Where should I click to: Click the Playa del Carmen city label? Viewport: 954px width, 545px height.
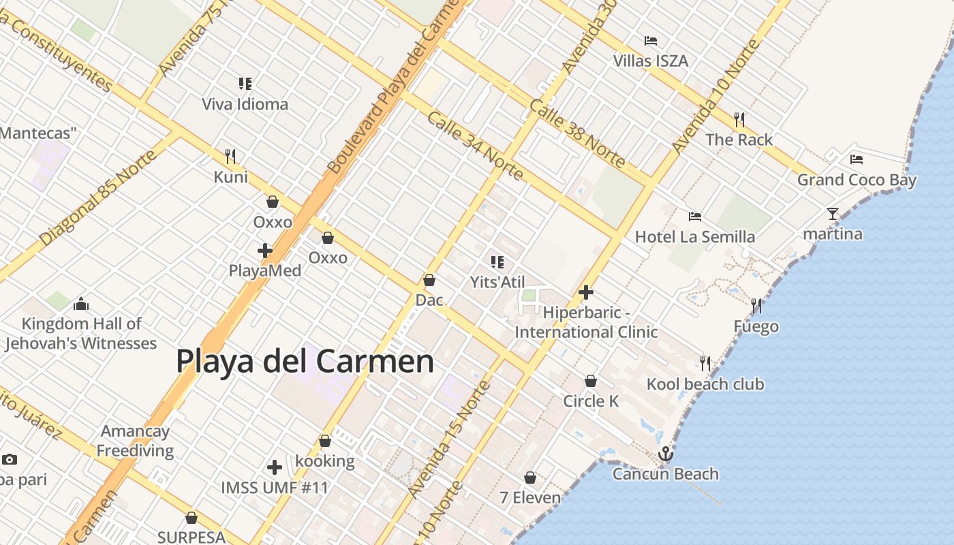pos(305,361)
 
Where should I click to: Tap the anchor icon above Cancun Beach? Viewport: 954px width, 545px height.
pos(665,454)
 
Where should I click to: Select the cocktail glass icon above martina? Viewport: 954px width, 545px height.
pos(832,214)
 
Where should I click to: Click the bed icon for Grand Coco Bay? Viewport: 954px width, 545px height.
pos(857,159)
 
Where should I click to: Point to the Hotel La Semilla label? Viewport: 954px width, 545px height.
pos(694,236)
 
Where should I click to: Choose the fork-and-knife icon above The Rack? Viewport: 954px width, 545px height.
pos(739,120)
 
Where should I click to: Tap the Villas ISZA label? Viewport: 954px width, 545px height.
pos(650,61)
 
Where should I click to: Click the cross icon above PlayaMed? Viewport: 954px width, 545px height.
pos(265,251)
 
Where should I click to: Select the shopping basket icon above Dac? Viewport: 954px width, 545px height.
pos(429,280)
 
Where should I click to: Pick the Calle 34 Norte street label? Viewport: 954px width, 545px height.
pos(475,146)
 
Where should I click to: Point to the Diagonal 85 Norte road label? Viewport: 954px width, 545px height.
pos(97,198)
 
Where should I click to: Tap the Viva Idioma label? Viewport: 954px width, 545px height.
pos(245,104)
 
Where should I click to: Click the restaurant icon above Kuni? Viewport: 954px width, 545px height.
pos(230,157)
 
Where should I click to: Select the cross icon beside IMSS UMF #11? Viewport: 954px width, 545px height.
pos(275,467)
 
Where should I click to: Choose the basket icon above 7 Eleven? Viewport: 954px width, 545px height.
pos(530,478)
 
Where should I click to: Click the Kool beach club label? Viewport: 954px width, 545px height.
pos(705,384)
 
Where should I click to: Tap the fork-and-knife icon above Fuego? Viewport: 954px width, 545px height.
pos(756,305)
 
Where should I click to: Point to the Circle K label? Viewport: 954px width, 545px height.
pos(591,401)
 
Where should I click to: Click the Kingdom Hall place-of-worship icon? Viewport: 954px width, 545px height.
pos(81,304)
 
